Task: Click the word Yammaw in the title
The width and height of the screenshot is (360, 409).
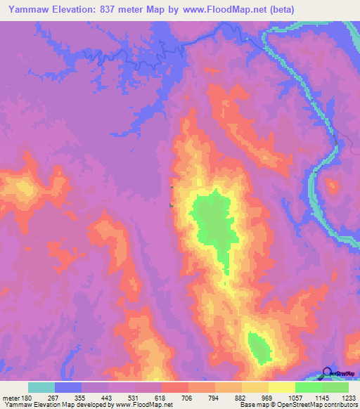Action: pyautogui.click(x=28, y=9)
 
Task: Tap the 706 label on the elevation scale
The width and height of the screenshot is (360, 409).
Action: pyautogui.click(x=188, y=397)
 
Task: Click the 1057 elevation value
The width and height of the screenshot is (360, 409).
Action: pyautogui.click(x=295, y=397)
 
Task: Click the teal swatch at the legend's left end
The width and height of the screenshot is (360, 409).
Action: pyautogui.click(x=41, y=387)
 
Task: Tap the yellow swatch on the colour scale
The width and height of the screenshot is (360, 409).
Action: pyautogui.click(x=281, y=387)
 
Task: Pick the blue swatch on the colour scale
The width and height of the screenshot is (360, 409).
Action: pyautogui.click(x=68, y=387)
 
